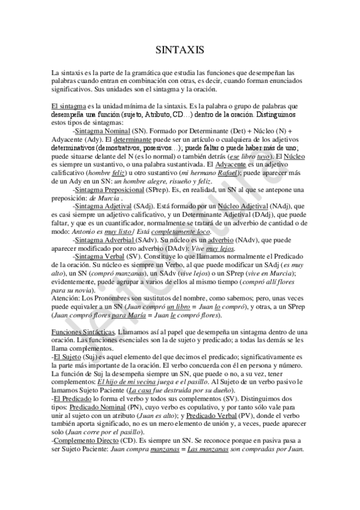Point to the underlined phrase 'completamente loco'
[182, 232]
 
